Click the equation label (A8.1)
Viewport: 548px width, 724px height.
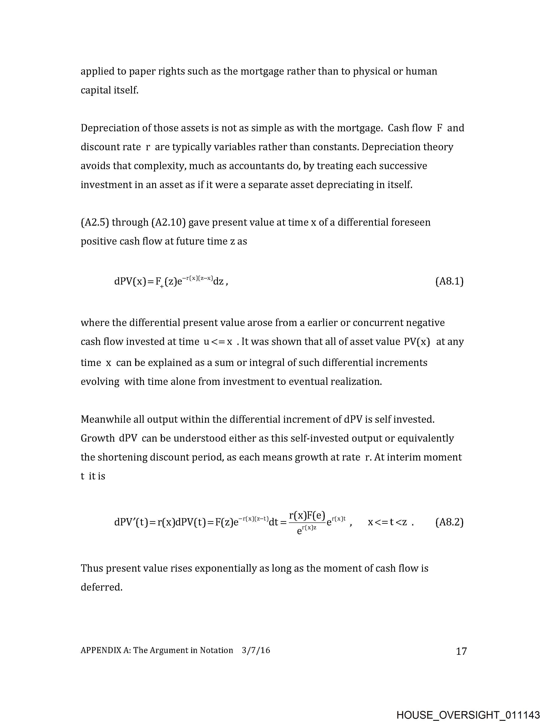(x=449, y=281)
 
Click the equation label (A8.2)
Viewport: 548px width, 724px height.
(x=449, y=522)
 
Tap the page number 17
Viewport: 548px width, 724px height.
(x=461, y=651)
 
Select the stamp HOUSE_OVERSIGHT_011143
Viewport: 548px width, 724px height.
(x=468, y=715)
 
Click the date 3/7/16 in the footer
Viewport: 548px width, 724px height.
(x=256, y=650)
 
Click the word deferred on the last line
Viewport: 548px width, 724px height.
(x=101, y=587)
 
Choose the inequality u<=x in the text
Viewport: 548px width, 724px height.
(x=218, y=342)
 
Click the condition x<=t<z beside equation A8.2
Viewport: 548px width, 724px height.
(x=387, y=522)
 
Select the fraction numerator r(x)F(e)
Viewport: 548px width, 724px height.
(x=307, y=516)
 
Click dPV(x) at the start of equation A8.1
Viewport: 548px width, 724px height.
(x=130, y=281)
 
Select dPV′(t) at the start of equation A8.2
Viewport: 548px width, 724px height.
(x=131, y=522)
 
